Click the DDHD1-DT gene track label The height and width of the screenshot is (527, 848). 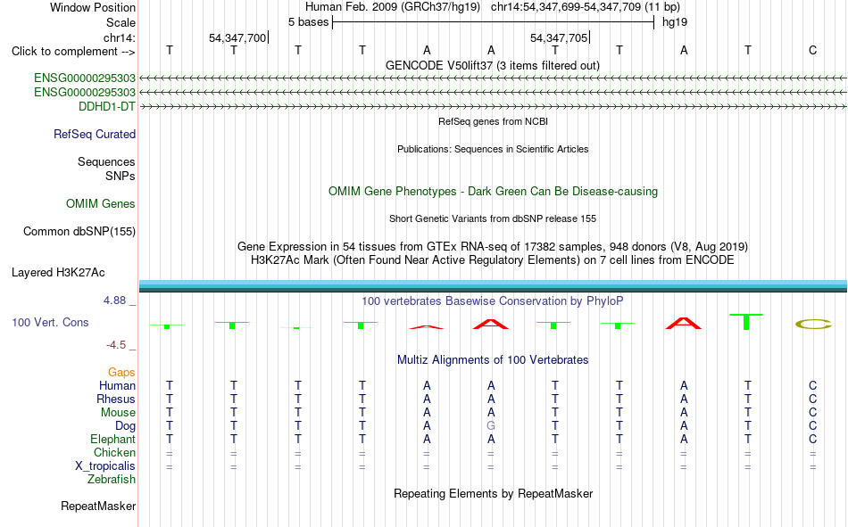(x=107, y=106)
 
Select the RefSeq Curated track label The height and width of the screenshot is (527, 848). (x=95, y=134)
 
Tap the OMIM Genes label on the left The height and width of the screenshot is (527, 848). (x=101, y=204)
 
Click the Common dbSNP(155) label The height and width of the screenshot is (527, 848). (x=79, y=231)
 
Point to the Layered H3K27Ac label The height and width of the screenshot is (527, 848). (x=58, y=273)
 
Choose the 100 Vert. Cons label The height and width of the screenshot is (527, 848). (x=50, y=322)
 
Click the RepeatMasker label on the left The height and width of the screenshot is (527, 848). (x=98, y=506)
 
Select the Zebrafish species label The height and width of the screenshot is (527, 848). (x=112, y=480)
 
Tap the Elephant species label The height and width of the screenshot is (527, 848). (x=113, y=439)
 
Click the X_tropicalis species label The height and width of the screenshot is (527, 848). (x=105, y=466)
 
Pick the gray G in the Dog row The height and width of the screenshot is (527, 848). (x=491, y=425)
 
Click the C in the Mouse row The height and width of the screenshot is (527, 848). (x=812, y=412)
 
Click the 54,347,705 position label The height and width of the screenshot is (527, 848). (x=559, y=37)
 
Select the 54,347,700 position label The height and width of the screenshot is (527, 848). (x=237, y=37)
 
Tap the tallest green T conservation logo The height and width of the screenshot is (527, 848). (x=746, y=322)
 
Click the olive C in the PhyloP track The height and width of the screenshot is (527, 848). (x=813, y=325)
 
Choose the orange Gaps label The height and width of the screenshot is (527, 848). (x=121, y=372)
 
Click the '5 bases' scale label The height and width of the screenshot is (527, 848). (x=308, y=22)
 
